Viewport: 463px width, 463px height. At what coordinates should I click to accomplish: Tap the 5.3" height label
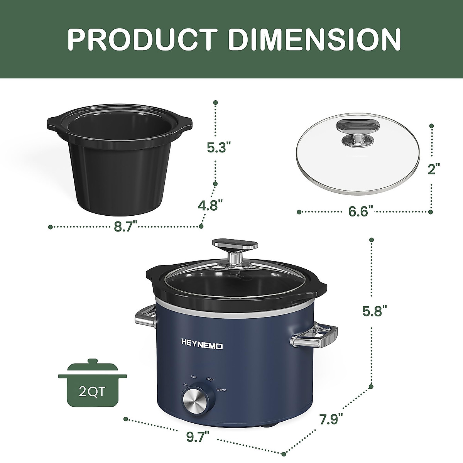pyautogui.click(x=218, y=147)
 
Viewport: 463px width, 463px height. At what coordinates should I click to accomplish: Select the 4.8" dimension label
pyautogui.click(x=211, y=204)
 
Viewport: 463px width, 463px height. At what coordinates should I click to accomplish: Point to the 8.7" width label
pyautogui.click(x=126, y=226)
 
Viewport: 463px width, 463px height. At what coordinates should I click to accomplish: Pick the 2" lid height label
pyautogui.click(x=434, y=169)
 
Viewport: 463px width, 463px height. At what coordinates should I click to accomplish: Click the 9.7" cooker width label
pyautogui.click(x=198, y=437)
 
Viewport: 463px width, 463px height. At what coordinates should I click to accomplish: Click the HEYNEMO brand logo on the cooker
pyautogui.click(x=202, y=346)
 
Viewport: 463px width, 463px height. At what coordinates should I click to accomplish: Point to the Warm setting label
pyautogui.click(x=221, y=390)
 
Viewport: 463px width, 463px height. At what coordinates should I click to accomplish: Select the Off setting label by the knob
pyautogui.click(x=186, y=385)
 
